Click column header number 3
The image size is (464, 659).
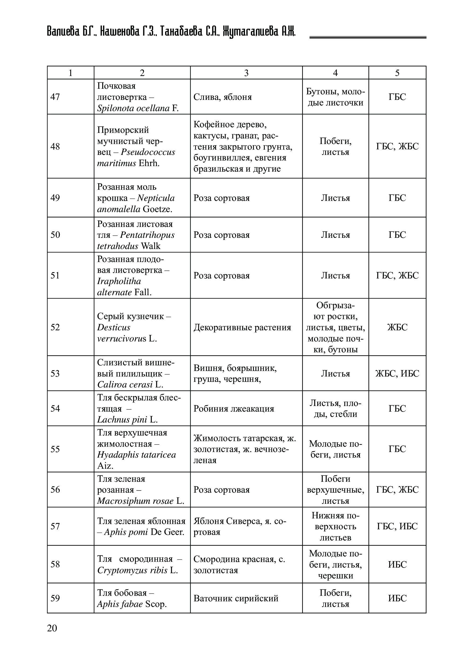click(x=246, y=73)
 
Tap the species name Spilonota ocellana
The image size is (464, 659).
click(x=133, y=108)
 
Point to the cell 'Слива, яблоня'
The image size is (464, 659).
click(x=222, y=97)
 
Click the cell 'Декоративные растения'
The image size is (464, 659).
click(x=242, y=327)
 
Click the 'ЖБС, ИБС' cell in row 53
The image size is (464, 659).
click(x=397, y=373)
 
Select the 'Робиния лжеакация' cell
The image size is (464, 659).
click(x=234, y=408)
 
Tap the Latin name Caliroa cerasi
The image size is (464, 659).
click(x=125, y=385)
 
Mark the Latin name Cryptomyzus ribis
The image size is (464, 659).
click(x=132, y=570)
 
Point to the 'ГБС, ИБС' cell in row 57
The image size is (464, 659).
click(x=397, y=526)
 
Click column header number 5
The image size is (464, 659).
click(x=397, y=73)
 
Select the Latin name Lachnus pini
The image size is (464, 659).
click(x=122, y=420)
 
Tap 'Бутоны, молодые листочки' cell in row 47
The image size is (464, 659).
click(x=335, y=97)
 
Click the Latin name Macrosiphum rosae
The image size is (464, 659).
click(x=135, y=501)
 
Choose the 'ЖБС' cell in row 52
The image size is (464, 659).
click(x=397, y=327)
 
